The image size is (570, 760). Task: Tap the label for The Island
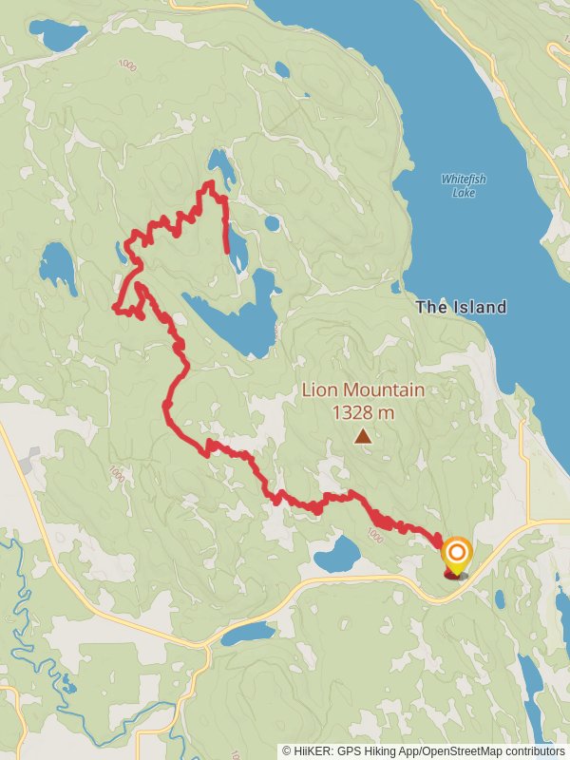click(461, 307)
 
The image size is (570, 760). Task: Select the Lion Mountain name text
click(363, 389)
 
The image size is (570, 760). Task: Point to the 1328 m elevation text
click(363, 412)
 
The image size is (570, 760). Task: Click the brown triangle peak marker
click(363, 436)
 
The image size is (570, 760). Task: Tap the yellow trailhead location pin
click(457, 557)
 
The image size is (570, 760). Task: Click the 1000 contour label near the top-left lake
click(127, 65)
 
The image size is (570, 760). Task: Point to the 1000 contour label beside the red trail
click(373, 538)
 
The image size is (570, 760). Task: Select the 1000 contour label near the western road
click(116, 472)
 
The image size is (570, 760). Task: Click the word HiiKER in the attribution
click(314, 750)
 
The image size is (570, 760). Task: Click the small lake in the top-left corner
click(57, 36)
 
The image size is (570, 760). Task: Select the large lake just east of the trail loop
click(237, 318)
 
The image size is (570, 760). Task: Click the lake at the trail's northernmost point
click(221, 166)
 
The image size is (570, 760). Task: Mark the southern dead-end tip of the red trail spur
click(227, 252)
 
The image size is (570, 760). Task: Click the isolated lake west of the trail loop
click(58, 268)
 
